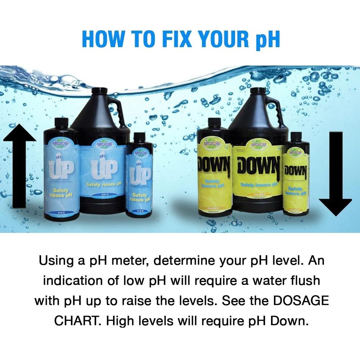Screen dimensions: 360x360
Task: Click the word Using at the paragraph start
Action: [x=57, y=260]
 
